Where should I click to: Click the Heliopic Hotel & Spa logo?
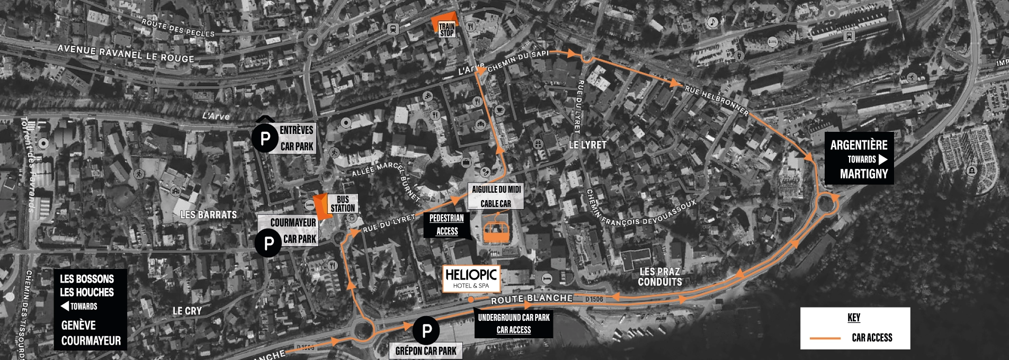pyautogui.click(x=471, y=278)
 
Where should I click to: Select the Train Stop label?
pyautogui.click(x=447, y=30)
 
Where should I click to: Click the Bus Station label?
pyautogui.click(x=342, y=204)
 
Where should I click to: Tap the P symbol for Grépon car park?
pyautogui.click(x=426, y=331)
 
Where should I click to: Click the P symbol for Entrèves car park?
pyautogui.click(x=265, y=139)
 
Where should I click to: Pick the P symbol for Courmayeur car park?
pyautogui.click(x=269, y=244)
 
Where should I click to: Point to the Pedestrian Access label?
pyautogui.click(x=447, y=224)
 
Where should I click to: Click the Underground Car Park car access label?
pyautogui.click(x=514, y=323)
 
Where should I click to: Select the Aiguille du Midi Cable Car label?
pyautogui.click(x=496, y=196)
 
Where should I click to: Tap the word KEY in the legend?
pyautogui.click(x=854, y=318)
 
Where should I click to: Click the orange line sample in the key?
pyautogui.click(x=825, y=338)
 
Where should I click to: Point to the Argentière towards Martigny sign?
pyautogui.click(x=859, y=159)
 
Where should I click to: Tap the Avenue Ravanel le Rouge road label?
pyautogui.click(x=126, y=53)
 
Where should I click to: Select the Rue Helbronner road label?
pyautogui.click(x=717, y=100)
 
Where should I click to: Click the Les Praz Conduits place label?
pyautogui.click(x=660, y=277)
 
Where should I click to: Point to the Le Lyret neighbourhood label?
pyautogui.click(x=587, y=145)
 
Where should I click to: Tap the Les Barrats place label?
pyautogui.click(x=208, y=214)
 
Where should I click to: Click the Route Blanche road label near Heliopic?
pyautogui.click(x=532, y=299)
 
